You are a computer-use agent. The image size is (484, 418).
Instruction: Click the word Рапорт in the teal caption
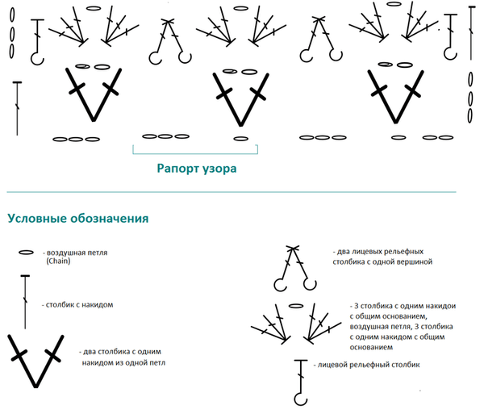click(177, 169)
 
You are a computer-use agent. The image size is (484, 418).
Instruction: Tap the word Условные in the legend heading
click(37, 218)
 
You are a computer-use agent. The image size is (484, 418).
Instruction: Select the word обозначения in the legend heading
click(110, 218)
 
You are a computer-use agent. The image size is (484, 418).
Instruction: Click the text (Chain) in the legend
click(58, 261)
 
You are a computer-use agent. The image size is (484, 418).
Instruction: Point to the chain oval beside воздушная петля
click(27, 253)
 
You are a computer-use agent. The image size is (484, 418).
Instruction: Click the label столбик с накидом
click(77, 305)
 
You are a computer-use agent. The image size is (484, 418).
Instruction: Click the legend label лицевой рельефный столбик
click(367, 365)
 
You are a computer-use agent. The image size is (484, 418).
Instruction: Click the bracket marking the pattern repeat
click(195, 153)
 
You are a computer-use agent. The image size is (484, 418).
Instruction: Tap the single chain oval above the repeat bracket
click(241, 139)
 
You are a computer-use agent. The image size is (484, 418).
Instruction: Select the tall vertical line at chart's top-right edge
click(471, 33)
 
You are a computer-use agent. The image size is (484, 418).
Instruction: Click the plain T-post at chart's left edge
click(17, 109)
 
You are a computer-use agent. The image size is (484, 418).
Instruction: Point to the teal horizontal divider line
click(232, 192)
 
